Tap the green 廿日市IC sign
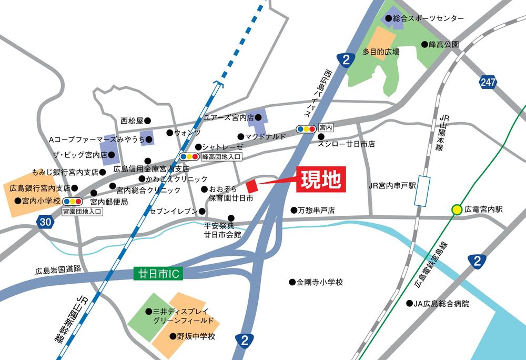coord(157,274)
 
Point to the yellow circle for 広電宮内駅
coord(457,209)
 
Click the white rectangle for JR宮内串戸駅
coord(422,191)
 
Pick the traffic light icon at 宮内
coord(306,128)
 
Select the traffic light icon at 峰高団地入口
coord(189,156)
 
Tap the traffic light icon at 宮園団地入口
coord(72,201)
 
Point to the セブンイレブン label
coord(174,212)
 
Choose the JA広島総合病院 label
coord(441,304)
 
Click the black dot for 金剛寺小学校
coord(292,282)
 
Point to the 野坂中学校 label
coord(196,336)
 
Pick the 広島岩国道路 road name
coord(58,271)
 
